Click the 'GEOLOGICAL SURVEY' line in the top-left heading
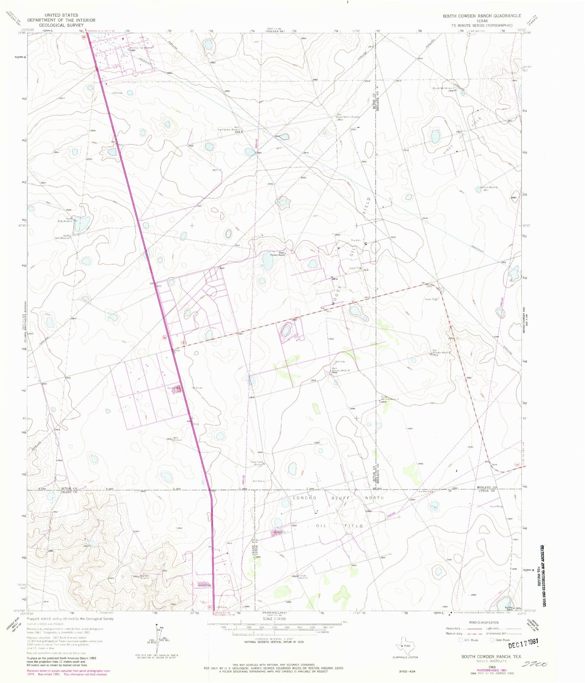point(61,25)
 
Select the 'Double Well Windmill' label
point(442,88)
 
